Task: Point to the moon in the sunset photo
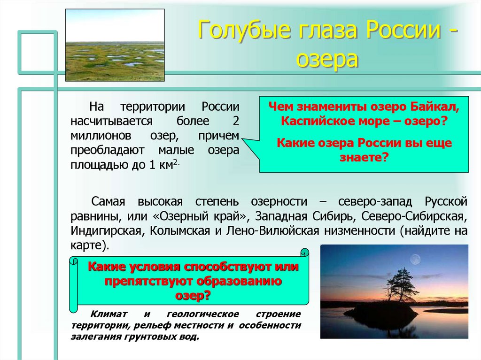click(x=415, y=258)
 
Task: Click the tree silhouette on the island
click(x=397, y=283)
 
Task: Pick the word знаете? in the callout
click(x=364, y=158)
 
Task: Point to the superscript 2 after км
click(x=175, y=162)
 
